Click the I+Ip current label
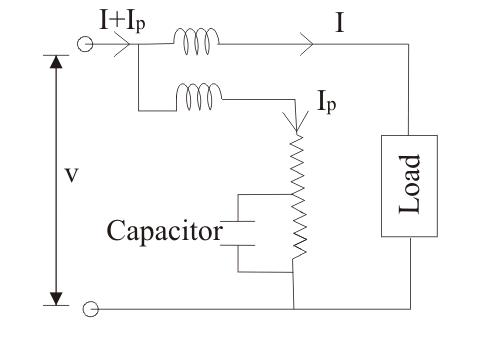[122, 22]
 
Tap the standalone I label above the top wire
[339, 23]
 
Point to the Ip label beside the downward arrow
[327, 102]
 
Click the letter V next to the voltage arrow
[71, 176]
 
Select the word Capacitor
[164, 231]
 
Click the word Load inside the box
[409, 184]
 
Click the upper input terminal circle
[85, 44]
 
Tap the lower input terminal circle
[90, 309]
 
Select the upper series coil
[196, 41]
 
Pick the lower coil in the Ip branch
[199, 97]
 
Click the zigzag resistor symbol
[298, 197]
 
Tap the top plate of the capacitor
[237, 221]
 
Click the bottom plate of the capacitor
[237, 245]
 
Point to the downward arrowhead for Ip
[296, 122]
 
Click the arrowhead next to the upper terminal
[123, 44]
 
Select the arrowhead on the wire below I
[307, 44]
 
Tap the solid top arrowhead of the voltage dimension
[56, 62]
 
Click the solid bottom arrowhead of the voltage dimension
[56, 299]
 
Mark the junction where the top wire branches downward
[139, 44]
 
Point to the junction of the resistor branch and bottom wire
[294, 309]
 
